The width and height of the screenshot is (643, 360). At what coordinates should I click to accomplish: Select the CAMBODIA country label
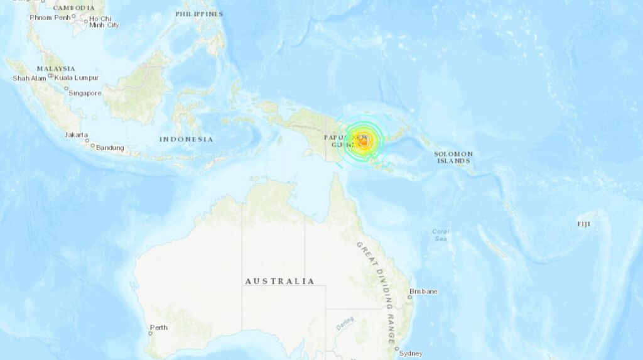pyautogui.click(x=73, y=8)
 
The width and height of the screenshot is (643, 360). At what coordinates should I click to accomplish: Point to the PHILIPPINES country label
pyautogui.click(x=198, y=14)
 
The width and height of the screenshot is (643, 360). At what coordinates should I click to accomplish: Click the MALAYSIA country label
pyautogui.click(x=55, y=68)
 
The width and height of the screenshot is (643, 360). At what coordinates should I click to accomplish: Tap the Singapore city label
pyautogui.click(x=85, y=93)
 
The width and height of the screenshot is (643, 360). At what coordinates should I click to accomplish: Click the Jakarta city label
pyautogui.click(x=76, y=135)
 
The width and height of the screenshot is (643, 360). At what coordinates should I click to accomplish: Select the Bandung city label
pyautogui.click(x=109, y=148)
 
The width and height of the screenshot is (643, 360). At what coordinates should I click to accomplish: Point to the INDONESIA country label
pyautogui.click(x=186, y=139)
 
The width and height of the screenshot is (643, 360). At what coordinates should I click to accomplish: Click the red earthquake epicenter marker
pyautogui.click(x=363, y=141)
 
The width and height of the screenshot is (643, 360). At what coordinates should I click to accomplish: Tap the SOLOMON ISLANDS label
pyautogui.click(x=453, y=157)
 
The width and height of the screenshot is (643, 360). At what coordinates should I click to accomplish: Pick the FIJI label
pyautogui.click(x=584, y=224)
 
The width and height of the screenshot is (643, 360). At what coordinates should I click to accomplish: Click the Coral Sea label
pyautogui.click(x=441, y=235)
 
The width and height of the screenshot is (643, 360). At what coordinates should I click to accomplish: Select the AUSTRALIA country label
pyautogui.click(x=279, y=281)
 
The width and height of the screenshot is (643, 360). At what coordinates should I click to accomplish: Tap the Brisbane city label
pyautogui.click(x=423, y=292)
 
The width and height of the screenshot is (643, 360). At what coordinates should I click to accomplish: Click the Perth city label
pyautogui.click(x=159, y=327)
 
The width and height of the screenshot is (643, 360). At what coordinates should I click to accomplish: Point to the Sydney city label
pyautogui.click(x=411, y=354)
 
